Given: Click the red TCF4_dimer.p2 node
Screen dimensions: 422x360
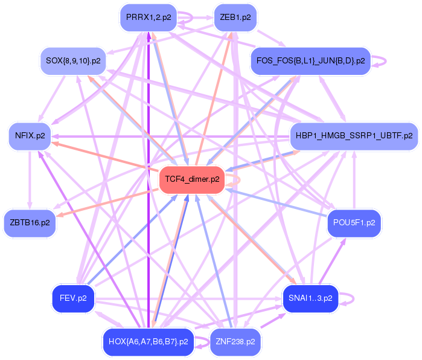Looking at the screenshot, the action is point(192,179).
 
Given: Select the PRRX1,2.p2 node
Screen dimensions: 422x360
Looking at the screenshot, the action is point(149,18).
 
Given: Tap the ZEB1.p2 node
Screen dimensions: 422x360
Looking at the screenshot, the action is point(235,18).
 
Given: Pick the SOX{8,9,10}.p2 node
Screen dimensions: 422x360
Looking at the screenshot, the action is point(73,61).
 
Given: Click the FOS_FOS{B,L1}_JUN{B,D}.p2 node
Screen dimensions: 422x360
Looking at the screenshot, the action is point(310,61).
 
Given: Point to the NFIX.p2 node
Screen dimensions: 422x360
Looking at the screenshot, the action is point(30,136).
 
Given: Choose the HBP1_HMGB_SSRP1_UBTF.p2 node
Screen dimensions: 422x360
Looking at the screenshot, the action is point(354,136).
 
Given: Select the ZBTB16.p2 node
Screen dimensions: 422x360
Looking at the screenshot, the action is point(30,223).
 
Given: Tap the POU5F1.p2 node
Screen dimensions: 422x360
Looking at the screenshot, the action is point(354,223).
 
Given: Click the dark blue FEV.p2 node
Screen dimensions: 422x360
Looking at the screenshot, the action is point(73,298).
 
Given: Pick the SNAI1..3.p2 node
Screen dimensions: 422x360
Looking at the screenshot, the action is point(310,298).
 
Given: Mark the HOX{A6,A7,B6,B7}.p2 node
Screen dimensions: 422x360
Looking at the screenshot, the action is point(149,342).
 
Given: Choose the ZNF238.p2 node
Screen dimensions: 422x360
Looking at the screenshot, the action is point(235,342).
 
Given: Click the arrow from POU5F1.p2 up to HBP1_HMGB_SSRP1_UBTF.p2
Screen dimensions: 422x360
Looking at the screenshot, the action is point(354,180).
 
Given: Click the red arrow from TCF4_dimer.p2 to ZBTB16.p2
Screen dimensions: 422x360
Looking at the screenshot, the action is point(107,203).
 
